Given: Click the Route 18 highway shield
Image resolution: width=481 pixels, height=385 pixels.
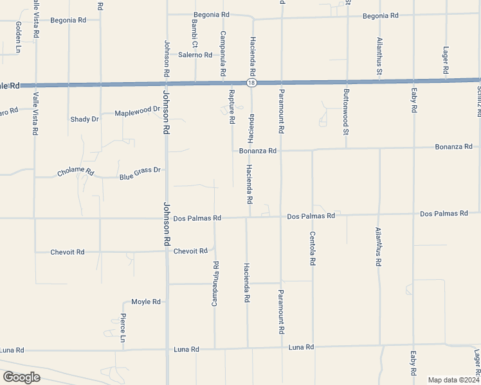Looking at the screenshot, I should point(250,83).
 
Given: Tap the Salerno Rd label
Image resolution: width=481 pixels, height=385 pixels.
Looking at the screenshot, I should point(195,55).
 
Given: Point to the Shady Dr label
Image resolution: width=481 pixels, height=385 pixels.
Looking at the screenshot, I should point(84,119).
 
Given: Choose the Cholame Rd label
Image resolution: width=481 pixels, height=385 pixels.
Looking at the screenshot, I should point(75,173).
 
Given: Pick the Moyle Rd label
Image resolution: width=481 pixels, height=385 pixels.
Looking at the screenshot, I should point(145,302).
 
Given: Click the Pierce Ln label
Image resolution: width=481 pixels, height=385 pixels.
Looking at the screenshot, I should point(123,328).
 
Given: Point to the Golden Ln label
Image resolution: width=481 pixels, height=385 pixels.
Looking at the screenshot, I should point(18,37).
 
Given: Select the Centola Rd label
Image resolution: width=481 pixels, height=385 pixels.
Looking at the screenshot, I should point(313,250).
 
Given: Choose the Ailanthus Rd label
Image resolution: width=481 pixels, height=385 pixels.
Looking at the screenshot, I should point(379,247).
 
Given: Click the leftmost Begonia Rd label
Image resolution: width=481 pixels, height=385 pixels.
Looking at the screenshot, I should point(69,21).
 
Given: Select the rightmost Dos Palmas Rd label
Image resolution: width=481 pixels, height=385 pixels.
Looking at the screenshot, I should point(444,213).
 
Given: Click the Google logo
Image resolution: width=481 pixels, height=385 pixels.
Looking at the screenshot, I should point(21,377).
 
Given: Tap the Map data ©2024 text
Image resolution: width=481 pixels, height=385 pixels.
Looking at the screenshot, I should point(453,380).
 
